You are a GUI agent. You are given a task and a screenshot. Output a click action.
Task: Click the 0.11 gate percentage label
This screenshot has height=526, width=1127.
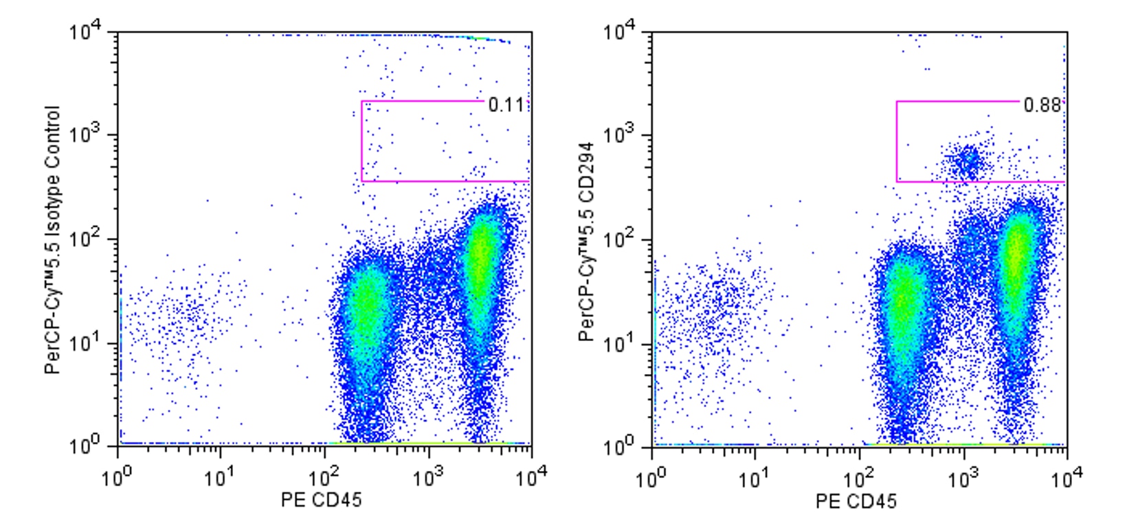click(505, 105)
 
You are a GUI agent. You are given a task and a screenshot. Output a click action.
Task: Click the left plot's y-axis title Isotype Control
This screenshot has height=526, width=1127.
click(53, 240)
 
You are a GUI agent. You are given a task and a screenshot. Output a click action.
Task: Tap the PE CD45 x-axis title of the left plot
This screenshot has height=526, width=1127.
click(321, 500)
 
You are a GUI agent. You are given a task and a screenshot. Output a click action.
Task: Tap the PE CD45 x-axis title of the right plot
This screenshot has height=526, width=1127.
click(856, 501)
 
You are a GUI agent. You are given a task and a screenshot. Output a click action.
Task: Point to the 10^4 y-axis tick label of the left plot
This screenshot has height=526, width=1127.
click(85, 32)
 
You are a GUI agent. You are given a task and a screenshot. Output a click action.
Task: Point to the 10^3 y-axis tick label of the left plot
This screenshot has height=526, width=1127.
click(85, 135)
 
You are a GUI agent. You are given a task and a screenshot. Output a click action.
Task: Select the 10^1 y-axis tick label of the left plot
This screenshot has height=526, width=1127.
click(85, 343)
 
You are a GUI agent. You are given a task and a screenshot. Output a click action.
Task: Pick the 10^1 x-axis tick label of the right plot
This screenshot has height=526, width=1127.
click(755, 476)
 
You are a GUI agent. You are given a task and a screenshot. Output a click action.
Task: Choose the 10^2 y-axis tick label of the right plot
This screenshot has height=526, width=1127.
click(620, 239)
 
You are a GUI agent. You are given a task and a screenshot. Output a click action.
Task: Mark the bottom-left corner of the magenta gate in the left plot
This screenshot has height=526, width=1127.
click(361, 182)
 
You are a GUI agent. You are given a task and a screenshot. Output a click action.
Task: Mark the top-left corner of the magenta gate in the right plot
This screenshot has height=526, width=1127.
click(896, 102)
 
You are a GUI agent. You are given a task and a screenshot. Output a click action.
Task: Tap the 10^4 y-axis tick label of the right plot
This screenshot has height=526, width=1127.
click(620, 32)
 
